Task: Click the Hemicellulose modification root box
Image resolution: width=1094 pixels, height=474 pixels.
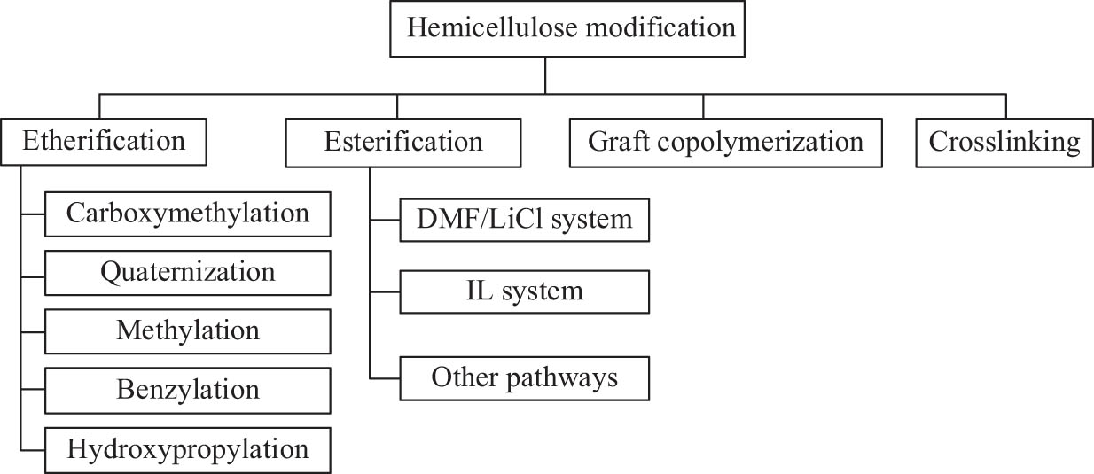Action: click(570, 29)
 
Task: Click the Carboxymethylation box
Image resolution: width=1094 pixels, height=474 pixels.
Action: click(187, 214)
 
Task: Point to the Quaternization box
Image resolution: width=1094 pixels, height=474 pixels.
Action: click(187, 272)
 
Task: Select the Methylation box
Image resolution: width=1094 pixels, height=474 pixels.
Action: click(187, 331)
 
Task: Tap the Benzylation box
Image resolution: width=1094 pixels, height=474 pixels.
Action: click(187, 390)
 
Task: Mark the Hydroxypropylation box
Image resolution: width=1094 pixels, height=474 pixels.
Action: click(187, 449)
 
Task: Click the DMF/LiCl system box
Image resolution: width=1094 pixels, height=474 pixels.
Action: click(525, 219)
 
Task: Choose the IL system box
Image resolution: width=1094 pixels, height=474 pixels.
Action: click(525, 291)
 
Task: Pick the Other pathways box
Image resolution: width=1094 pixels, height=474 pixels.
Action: click(525, 377)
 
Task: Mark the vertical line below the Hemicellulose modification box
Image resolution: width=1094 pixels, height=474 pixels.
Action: click(545, 75)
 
